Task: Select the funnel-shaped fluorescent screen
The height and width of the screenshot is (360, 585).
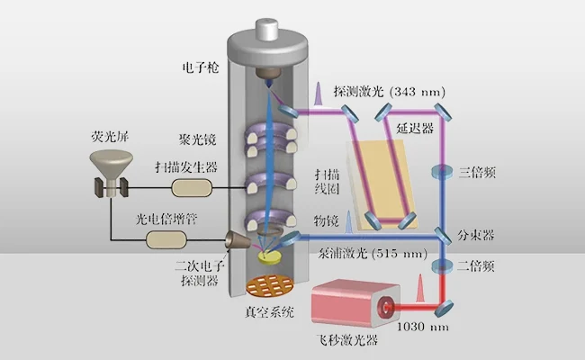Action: click(112, 166)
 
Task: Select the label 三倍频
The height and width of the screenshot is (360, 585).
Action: click(476, 171)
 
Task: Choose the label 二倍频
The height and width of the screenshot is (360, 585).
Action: click(476, 266)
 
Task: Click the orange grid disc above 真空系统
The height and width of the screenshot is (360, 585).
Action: click(269, 287)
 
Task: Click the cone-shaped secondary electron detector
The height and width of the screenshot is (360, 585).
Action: click(238, 241)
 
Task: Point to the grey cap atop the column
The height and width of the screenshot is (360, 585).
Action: click(269, 27)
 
